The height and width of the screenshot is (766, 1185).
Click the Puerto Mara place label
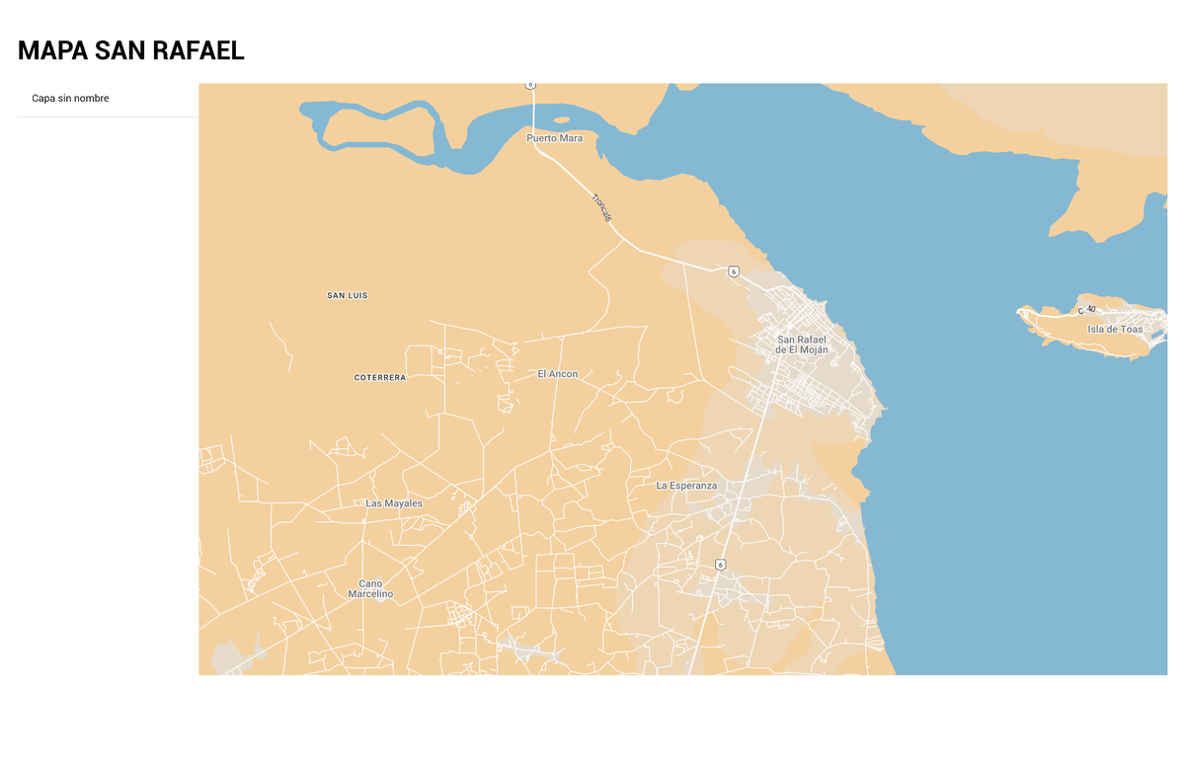[554, 138]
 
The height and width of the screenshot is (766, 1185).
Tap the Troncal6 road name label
[601, 207]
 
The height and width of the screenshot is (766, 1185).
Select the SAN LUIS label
[348, 295]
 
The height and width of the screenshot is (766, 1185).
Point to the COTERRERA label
[380, 377]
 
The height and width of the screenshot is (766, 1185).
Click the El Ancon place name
[558, 374]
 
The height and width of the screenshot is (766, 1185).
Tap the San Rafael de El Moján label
[801, 345]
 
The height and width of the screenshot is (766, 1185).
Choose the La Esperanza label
[686, 486]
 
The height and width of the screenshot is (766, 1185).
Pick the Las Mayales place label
[394, 503]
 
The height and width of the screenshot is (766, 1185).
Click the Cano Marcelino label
[370, 589]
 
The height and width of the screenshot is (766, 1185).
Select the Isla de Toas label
[1114, 330]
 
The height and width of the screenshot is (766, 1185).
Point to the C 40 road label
[1087, 310]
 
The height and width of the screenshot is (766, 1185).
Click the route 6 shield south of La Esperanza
[721, 565]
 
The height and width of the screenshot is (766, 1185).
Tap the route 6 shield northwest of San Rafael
[733, 270]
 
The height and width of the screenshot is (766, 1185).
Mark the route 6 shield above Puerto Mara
[530, 86]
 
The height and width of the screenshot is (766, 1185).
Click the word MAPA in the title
[53, 51]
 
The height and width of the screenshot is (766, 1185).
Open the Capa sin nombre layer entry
[70, 99]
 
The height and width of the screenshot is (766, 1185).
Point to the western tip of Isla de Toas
[1020, 313]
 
